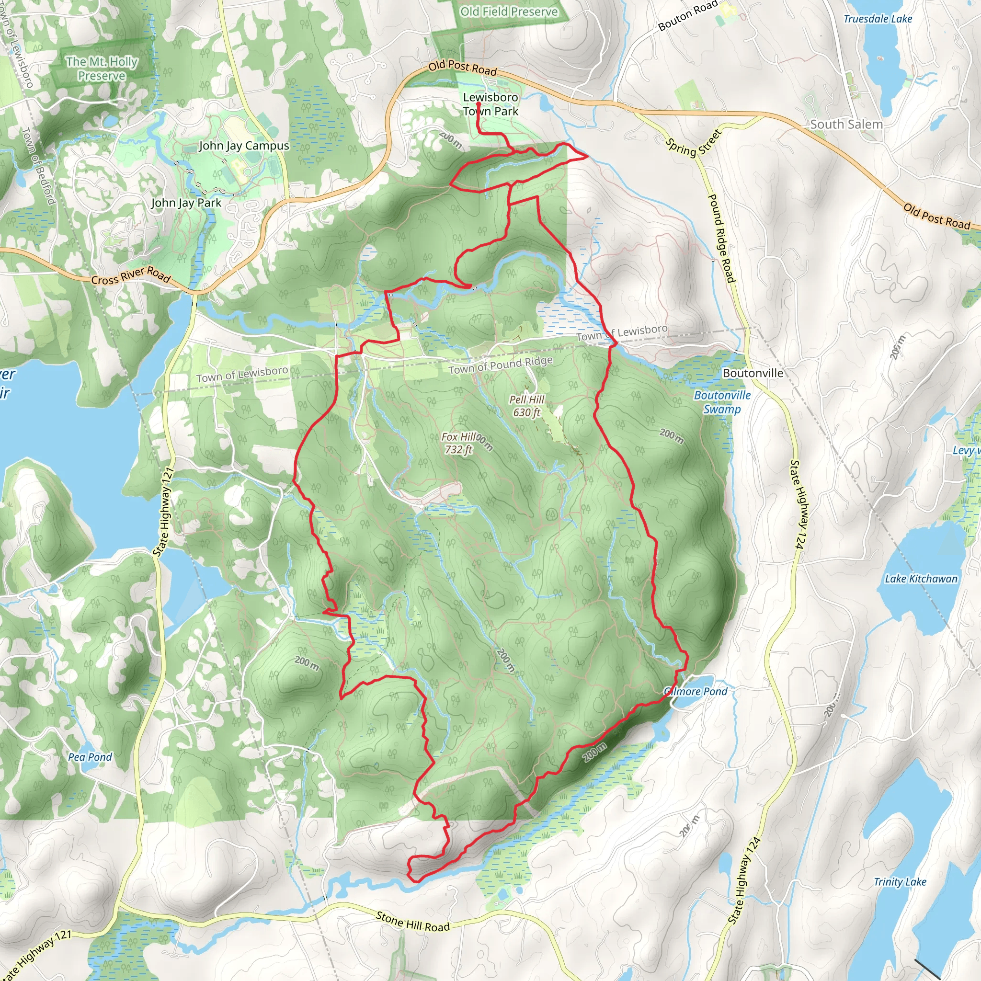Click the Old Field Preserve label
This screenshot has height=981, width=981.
509,11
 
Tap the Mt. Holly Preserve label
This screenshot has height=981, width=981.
102,68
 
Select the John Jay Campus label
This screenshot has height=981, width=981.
244,146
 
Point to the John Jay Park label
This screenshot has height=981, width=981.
186,203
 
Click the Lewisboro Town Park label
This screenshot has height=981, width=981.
490,104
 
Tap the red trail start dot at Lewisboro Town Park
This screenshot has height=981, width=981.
479,103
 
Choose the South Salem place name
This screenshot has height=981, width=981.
846,125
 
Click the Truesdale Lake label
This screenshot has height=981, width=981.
878,19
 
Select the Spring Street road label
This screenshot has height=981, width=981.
694,143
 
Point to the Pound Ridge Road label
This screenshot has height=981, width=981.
721,238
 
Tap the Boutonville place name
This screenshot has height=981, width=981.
753,373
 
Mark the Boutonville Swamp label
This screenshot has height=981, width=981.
722,402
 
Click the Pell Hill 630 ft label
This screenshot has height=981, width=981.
526,406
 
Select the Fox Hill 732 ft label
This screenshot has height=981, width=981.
458,443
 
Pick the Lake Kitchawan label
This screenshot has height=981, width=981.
921,579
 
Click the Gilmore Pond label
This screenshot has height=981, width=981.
696,692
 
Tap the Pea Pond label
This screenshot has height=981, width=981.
90,757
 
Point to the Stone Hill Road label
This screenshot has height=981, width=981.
412,922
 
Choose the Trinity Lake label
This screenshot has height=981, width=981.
900,882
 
